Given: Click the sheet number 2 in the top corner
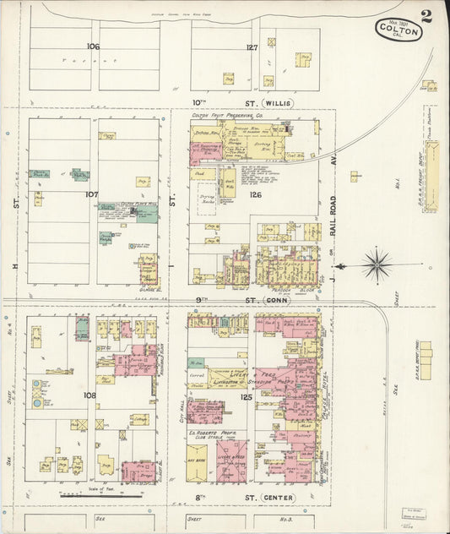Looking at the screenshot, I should tap(426, 16).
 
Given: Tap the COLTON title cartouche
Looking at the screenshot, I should tap(398, 30).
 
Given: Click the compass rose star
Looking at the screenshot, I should tap(377, 264).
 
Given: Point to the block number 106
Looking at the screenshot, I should tap(92, 46).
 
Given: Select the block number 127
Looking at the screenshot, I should tap(252, 47).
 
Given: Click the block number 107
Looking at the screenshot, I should tap(92, 194).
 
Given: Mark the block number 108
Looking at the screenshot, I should tap(89, 395).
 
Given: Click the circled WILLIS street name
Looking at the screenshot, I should tap(279, 103).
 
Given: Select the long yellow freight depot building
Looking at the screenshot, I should tap(431, 165).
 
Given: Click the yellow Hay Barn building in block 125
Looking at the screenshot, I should tap(202, 460).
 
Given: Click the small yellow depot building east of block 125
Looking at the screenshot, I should tap(425, 360).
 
